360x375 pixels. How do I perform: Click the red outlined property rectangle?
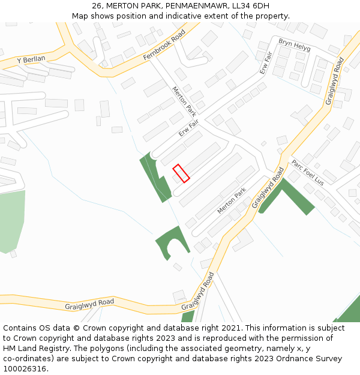(181, 173)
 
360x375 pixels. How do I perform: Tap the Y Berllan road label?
(31, 60)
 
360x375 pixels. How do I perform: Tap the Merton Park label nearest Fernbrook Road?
(184, 101)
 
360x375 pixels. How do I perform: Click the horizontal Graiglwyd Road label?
(89, 304)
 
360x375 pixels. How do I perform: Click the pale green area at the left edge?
(12, 219)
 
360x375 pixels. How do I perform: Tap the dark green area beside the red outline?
(155, 178)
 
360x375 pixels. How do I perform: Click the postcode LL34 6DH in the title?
(249, 5)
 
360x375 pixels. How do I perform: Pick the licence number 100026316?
(25, 369)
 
